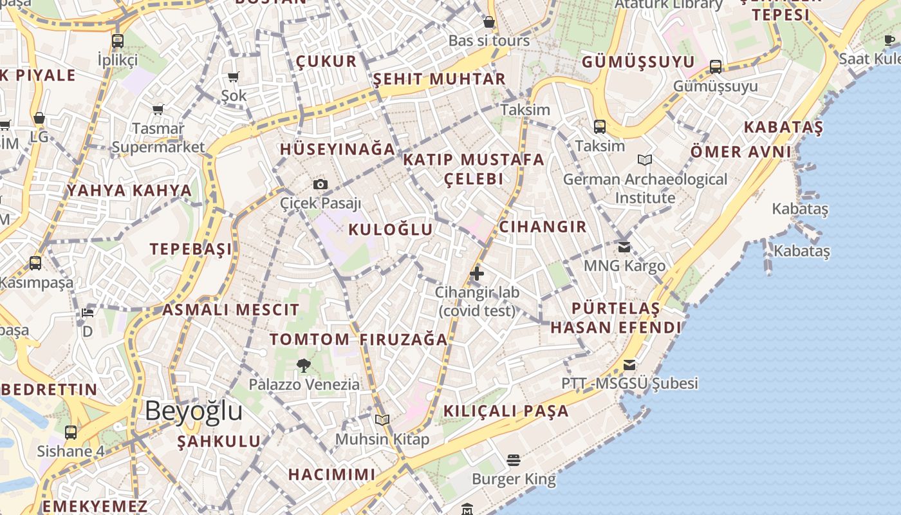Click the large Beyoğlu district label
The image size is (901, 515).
[x=193, y=411]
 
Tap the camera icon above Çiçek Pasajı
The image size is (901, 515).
[x=320, y=185]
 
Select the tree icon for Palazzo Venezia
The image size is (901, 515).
[x=304, y=366]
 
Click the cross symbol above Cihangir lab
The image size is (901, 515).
[x=477, y=274]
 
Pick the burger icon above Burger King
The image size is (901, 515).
[x=513, y=460]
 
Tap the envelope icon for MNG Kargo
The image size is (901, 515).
[x=624, y=247]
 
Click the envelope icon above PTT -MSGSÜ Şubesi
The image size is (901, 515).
[x=629, y=365]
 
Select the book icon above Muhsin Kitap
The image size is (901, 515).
[x=382, y=420]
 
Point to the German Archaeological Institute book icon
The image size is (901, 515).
[x=645, y=160]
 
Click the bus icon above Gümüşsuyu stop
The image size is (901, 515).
[x=715, y=67]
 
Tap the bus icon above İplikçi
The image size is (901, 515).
[x=117, y=41]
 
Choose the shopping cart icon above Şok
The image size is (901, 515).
[x=234, y=77]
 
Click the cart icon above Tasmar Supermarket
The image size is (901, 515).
[x=158, y=109]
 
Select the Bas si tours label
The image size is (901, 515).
[x=489, y=41]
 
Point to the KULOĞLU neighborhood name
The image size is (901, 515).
[x=391, y=230]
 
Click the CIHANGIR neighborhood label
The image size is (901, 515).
[x=543, y=227]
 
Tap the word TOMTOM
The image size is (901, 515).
[x=310, y=339]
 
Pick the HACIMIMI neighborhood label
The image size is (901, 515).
[x=331, y=474]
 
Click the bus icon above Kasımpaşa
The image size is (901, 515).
[x=35, y=263]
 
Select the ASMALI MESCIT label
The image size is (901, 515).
[x=230, y=310]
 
